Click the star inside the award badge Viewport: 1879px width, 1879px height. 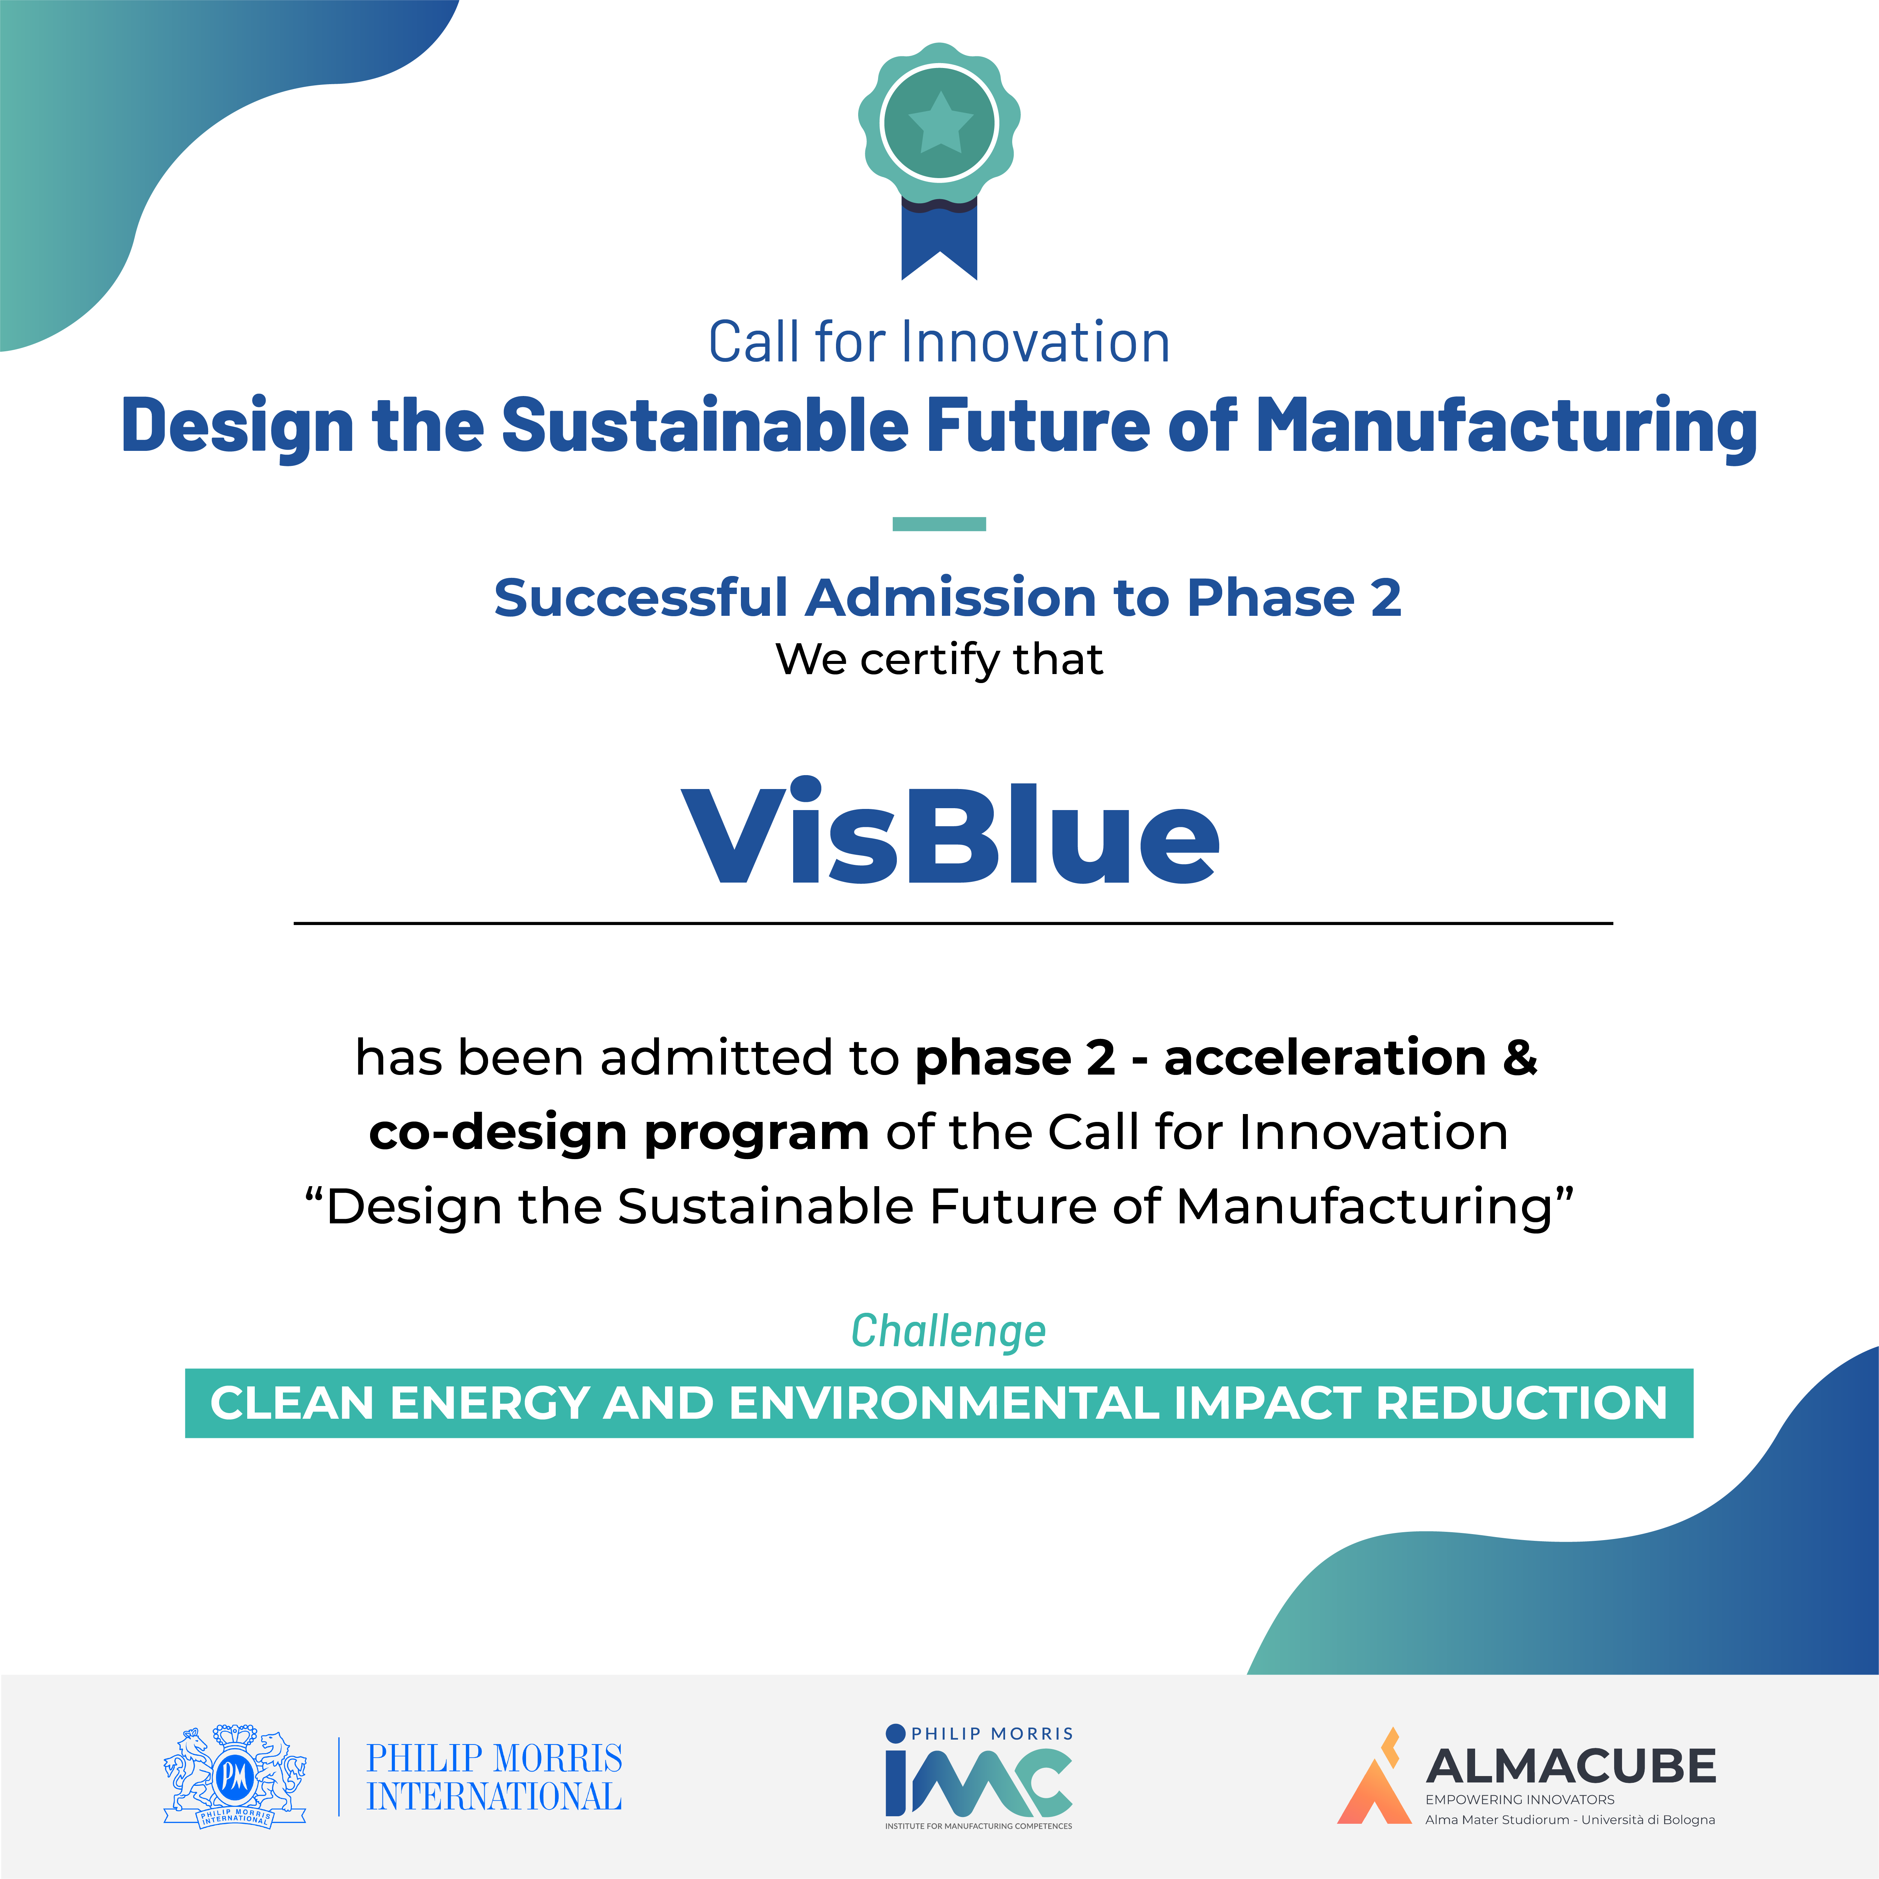click(x=939, y=124)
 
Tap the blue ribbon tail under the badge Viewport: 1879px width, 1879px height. click(x=939, y=238)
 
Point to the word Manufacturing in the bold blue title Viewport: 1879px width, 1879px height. click(x=1506, y=426)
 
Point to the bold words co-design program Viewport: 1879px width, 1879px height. click(x=618, y=1132)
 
